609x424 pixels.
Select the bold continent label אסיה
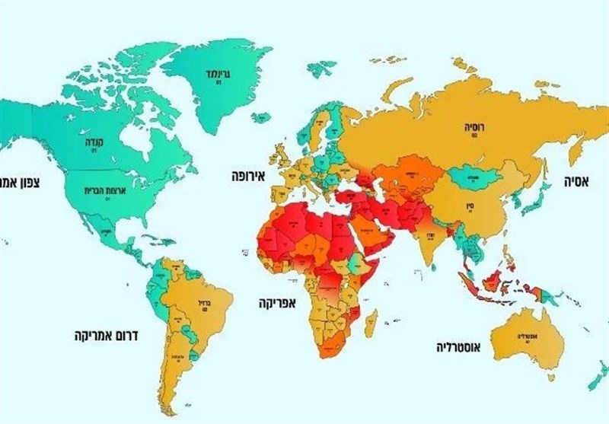click(580, 182)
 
